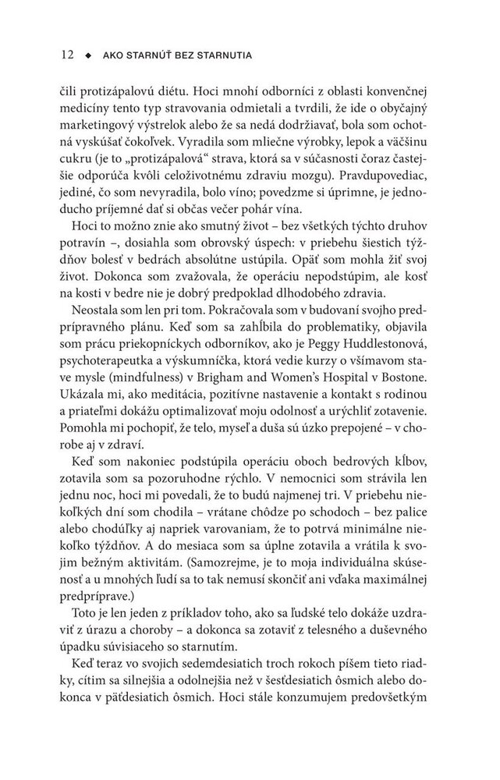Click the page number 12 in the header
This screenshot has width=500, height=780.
point(66,55)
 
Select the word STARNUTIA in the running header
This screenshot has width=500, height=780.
point(229,56)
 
